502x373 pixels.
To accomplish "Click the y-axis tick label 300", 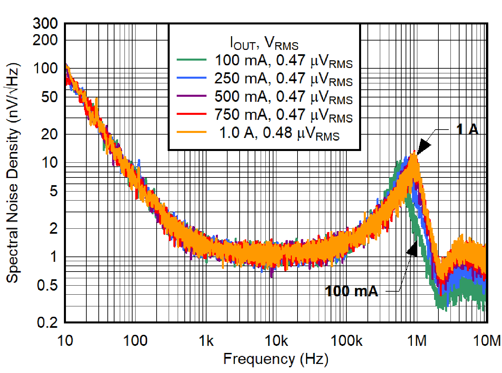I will pos(45,23).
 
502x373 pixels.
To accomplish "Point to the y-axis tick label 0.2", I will pos(47,322).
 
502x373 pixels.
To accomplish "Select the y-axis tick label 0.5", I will pos(47,285).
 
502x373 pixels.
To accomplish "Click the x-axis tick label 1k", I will pos(206,341).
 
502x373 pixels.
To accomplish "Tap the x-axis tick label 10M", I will pos(487,341).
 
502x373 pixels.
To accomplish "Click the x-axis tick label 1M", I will pos(417,341).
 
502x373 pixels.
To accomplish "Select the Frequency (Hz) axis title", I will pos(275,359).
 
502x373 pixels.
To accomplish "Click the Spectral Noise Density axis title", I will pos(13,173).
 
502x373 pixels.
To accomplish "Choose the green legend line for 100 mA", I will pos(191,60).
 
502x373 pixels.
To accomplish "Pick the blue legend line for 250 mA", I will pos(191,78).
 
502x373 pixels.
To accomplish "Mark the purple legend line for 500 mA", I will pos(191,96).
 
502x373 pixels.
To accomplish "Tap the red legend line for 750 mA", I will pos(191,114).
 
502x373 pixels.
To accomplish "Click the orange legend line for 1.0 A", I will pos(191,132).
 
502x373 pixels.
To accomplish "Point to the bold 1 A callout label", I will pos(467,129).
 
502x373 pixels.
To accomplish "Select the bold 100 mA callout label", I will pos(351,291).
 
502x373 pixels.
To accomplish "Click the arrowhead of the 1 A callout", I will pos(423,147).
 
